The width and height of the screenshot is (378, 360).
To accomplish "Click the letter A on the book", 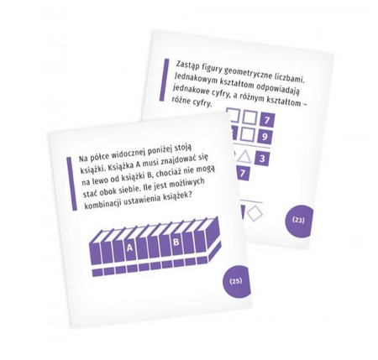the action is pyautogui.click(x=129, y=248).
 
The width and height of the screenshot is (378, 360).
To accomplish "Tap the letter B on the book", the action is pyautogui.click(x=176, y=242).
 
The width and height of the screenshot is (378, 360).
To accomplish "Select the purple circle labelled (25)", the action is pyautogui.click(x=236, y=281).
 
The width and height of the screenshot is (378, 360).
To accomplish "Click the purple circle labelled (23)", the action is pyautogui.click(x=298, y=221).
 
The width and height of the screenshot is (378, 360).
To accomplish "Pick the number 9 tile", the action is pyautogui.click(x=265, y=137).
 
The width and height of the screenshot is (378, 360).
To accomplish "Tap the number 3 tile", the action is pyautogui.click(x=262, y=159).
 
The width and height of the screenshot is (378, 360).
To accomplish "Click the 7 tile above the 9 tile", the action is pyautogui.click(x=267, y=120).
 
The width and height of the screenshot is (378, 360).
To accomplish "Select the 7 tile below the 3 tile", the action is pyautogui.click(x=243, y=174).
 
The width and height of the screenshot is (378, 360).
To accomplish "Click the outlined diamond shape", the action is pyautogui.click(x=255, y=214).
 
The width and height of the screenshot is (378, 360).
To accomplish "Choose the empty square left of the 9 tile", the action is pyautogui.click(x=248, y=135).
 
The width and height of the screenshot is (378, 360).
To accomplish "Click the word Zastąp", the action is pyautogui.click(x=185, y=65).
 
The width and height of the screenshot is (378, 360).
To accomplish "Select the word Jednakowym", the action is pyautogui.click(x=194, y=79).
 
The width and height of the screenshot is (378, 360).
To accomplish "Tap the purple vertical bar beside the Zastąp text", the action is pyautogui.click(x=164, y=80).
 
